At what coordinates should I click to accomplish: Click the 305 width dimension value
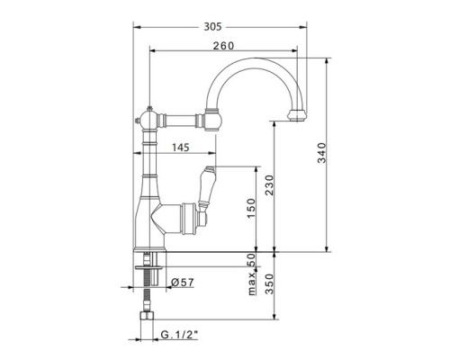tap(212, 27)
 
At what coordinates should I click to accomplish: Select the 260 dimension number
tap(223, 46)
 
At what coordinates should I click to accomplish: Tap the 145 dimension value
tap(181, 148)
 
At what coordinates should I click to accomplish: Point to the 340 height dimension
tap(321, 153)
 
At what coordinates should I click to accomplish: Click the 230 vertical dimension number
tap(269, 185)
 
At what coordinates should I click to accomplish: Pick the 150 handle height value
tap(251, 209)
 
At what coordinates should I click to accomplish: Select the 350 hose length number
tap(269, 283)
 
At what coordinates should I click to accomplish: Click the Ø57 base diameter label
tap(183, 283)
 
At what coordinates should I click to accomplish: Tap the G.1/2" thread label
tap(180, 334)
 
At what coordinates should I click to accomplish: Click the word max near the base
tap(252, 284)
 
